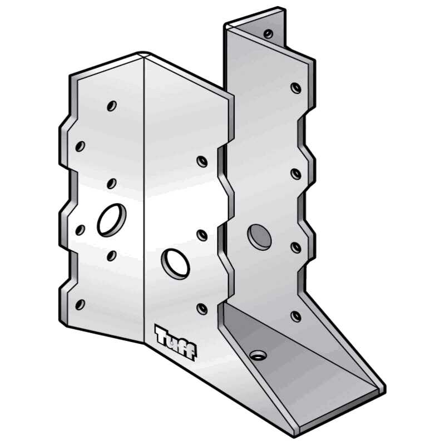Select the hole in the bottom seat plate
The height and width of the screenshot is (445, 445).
[x=257, y=354]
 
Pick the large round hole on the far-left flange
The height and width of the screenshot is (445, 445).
[x=112, y=219]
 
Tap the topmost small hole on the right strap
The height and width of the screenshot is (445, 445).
[x=268, y=34]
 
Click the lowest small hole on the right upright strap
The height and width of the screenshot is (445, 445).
[x=296, y=316]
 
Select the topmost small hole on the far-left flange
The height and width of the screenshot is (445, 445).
[x=112, y=105]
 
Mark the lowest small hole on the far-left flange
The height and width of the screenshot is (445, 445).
[x=80, y=304]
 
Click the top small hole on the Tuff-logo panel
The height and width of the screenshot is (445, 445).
[x=202, y=161]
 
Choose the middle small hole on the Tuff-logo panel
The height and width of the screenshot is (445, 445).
[x=202, y=235]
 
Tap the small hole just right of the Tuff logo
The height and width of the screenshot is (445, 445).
[x=202, y=309]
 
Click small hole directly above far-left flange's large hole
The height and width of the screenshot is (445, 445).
[x=111, y=183]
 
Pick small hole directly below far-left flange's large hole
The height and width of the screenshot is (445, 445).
[x=111, y=255]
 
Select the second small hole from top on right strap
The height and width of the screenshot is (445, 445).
[x=296, y=87]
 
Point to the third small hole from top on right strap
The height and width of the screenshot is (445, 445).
[x=296, y=174]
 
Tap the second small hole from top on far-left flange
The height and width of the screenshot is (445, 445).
[x=80, y=146]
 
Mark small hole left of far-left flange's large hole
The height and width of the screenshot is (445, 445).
[x=80, y=230]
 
